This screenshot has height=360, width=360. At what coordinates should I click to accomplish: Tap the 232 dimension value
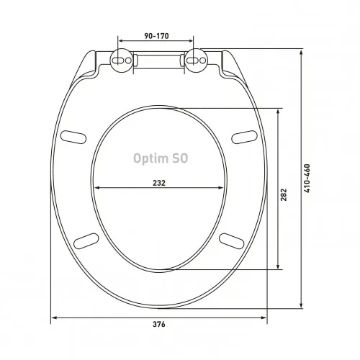[x=159, y=183]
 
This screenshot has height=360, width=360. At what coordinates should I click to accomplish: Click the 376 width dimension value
[x=159, y=325]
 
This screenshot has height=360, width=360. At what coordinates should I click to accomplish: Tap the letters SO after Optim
[x=179, y=160]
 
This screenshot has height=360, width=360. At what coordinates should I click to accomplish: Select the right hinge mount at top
[x=195, y=63]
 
